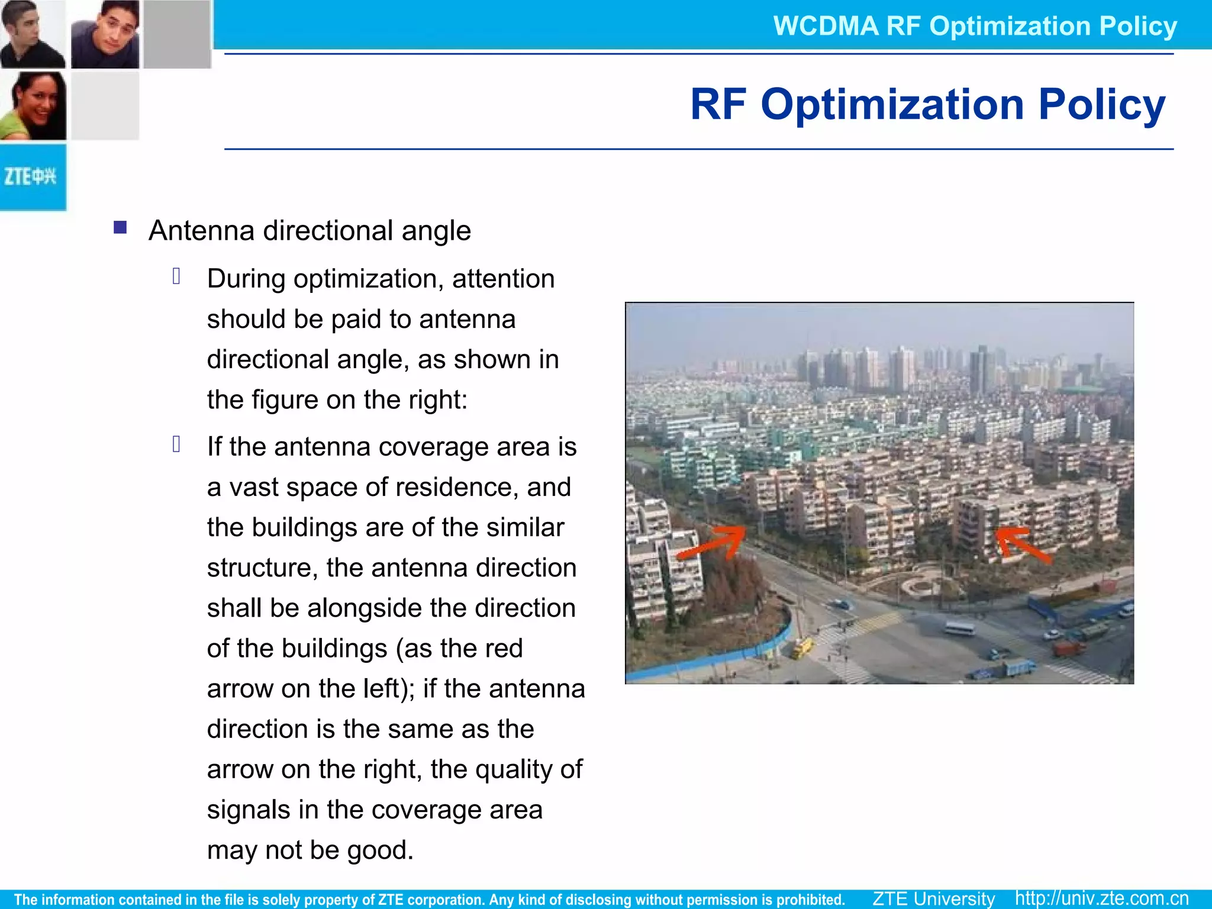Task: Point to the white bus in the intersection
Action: [959, 627]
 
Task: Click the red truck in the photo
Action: [1069, 648]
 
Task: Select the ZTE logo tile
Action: [33, 177]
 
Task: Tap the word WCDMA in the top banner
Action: [826, 26]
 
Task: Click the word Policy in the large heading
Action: [1101, 104]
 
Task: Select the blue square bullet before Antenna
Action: [120, 228]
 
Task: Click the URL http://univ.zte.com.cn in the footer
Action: [1101, 898]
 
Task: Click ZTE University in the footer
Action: [934, 898]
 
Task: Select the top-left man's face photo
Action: [33, 34]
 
